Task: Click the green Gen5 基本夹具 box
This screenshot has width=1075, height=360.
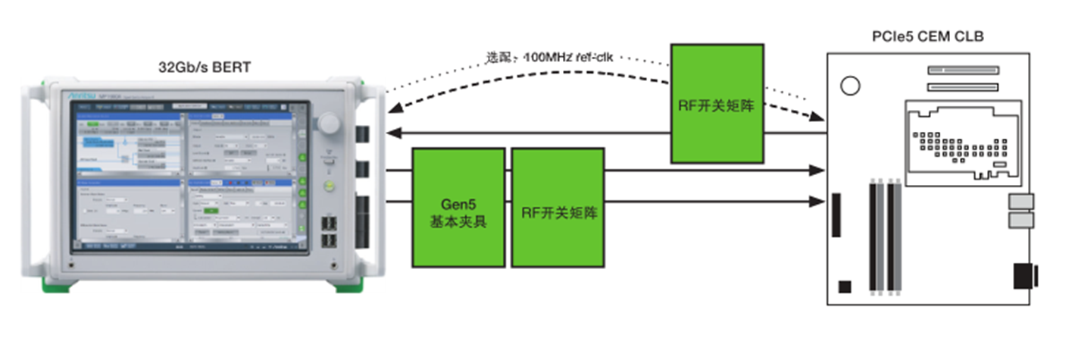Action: coord(458,207)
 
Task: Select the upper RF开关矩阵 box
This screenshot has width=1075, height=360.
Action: coord(717,103)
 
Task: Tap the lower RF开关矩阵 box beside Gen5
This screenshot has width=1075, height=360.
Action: coord(558,207)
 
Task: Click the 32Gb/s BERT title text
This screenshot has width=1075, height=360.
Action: coord(206,68)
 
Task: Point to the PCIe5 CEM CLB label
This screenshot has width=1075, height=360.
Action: coord(928,36)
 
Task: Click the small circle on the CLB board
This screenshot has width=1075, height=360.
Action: coord(850,86)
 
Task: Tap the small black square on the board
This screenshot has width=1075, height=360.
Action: coord(845,286)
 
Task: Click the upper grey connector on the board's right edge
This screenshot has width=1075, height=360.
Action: coord(1020,202)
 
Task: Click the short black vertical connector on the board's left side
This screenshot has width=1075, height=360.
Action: coord(837,214)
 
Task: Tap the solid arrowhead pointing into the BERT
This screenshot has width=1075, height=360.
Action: coord(392,133)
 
